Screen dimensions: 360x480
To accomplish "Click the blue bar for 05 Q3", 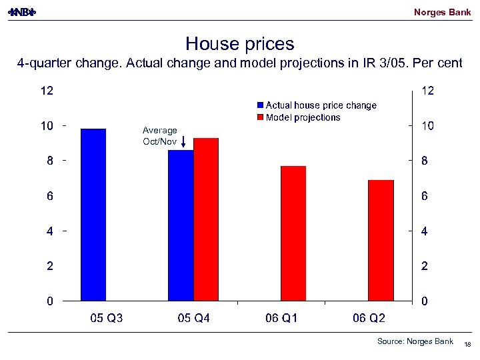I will pyautogui.click(x=93, y=215).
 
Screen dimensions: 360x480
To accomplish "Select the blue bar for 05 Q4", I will pyautogui.click(x=181, y=225).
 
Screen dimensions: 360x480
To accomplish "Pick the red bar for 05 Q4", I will pyautogui.click(x=206, y=219).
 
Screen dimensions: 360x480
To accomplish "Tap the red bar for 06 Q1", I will pyautogui.click(x=293, y=233).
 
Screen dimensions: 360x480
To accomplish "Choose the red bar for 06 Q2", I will pyautogui.click(x=381, y=240).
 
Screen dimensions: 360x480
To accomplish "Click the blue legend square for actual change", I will pyautogui.click(x=261, y=105).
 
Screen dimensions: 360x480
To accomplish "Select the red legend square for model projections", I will pyautogui.click(x=261, y=117).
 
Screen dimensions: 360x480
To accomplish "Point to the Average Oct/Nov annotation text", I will pyautogui.click(x=159, y=136).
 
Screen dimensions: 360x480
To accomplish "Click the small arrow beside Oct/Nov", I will pyautogui.click(x=183, y=141).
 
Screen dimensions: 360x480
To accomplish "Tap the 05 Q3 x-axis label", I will pyautogui.click(x=107, y=319).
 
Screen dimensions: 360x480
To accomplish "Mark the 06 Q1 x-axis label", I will pyautogui.click(x=281, y=319).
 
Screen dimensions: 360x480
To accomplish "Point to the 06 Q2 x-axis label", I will pyautogui.click(x=369, y=319).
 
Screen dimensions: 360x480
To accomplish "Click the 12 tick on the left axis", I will pyautogui.click(x=46, y=91).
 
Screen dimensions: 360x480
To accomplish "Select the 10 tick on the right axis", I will pyautogui.click(x=427, y=126).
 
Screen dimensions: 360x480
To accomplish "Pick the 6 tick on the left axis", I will pyautogui.click(x=49, y=196).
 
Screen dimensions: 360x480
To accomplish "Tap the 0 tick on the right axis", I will pyautogui.click(x=424, y=301).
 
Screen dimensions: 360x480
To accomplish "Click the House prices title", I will pyautogui.click(x=240, y=44).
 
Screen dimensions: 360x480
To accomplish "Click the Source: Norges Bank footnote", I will pyautogui.click(x=415, y=341).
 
